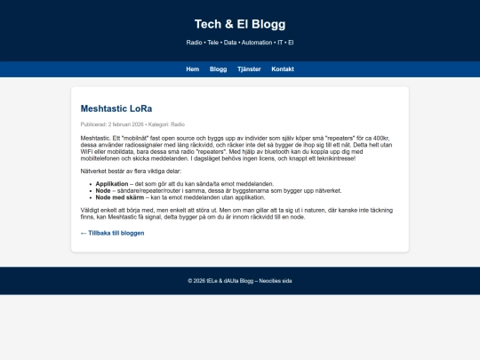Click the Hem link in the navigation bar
click(192, 69)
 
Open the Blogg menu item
click(218, 69)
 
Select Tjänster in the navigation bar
click(249, 69)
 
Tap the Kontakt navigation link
click(283, 69)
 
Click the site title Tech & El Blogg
click(240, 24)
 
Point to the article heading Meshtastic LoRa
click(116, 108)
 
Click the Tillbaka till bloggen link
click(112, 233)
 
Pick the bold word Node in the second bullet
click(103, 190)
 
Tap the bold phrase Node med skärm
click(118, 196)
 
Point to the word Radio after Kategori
click(178, 125)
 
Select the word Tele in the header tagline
click(213, 43)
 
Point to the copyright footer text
click(240, 281)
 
